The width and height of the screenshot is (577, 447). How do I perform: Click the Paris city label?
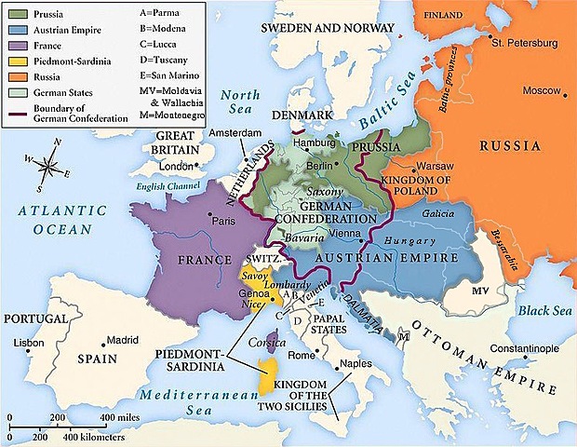223,222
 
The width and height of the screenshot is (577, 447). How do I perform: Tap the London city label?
176,167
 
